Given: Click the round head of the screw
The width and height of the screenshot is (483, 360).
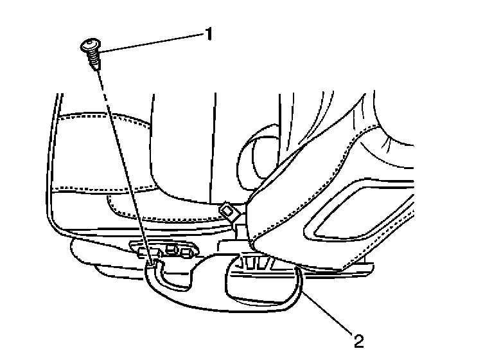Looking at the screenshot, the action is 90,46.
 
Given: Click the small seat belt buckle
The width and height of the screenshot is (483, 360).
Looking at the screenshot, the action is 226,210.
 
